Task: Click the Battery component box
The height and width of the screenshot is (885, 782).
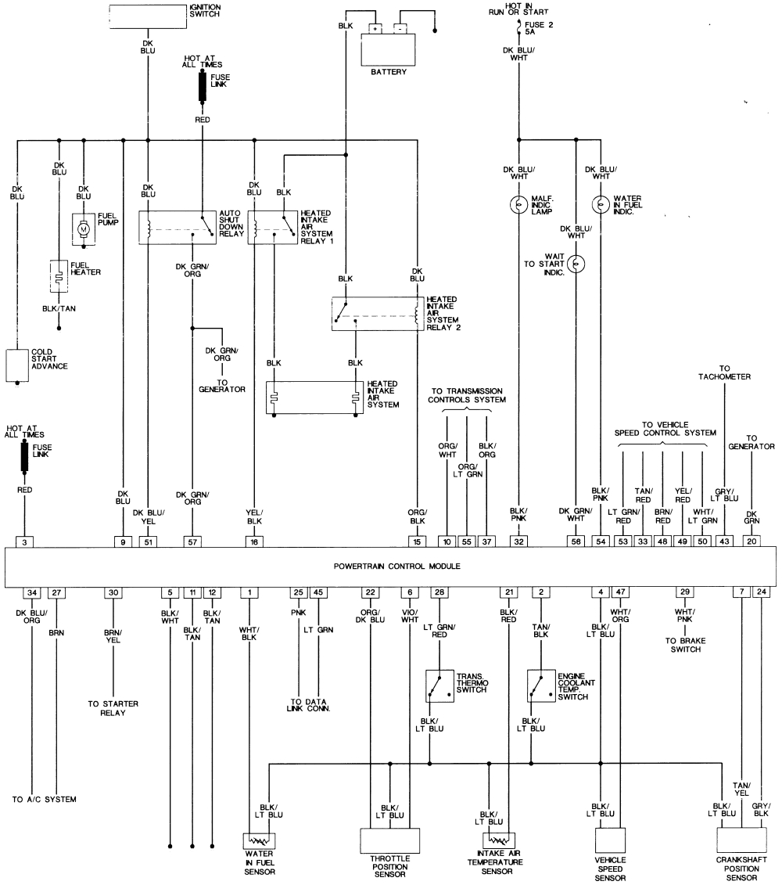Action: [x=389, y=49]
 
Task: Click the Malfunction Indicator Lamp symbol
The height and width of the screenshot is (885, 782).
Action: [x=518, y=205]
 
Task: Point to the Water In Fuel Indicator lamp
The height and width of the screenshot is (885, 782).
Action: [x=601, y=205]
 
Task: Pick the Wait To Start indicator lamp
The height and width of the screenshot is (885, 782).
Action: [x=576, y=264]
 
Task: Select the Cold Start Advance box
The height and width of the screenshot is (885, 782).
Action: [x=16, y=365]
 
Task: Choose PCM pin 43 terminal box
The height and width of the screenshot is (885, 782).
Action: [x=724, y=541]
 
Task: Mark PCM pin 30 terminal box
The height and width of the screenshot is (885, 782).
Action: [x=113, y=593]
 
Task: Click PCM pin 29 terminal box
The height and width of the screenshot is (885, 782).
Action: [x=685, y=593]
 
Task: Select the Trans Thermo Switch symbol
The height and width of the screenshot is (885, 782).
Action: [x=437, y=685]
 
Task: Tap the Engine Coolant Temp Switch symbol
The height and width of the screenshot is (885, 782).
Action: [x=540, y=685]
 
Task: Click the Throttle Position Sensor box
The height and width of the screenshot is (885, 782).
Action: [x=389, y=840]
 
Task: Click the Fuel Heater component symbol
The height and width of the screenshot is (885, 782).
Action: [x=59, y=275]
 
